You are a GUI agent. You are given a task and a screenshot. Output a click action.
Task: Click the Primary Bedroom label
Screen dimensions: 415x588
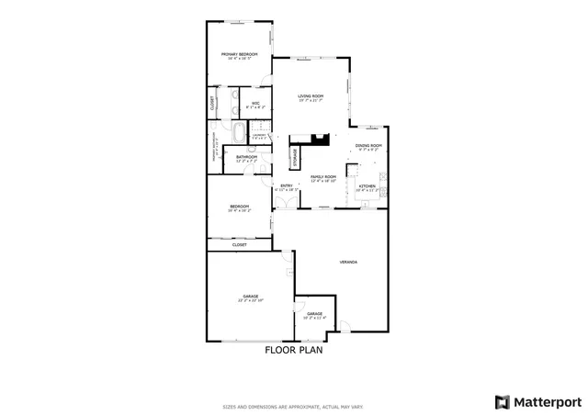[239, 56]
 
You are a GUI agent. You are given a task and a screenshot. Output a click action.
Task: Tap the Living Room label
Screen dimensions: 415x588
[311, 97]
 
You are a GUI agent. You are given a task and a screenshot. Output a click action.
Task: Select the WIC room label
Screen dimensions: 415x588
[254, 105]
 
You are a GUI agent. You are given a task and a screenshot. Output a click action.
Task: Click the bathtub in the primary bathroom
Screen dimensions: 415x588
[239, 132]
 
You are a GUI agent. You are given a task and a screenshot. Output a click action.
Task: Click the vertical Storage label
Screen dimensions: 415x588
[295, 155]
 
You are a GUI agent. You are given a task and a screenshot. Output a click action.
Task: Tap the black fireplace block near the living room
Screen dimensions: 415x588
[319, 140]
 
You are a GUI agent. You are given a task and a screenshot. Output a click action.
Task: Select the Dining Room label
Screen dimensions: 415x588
[369, 147]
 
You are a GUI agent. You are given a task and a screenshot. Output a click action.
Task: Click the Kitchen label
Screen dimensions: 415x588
[367, 187]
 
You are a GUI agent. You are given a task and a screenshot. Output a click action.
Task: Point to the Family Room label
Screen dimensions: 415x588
[322, 178]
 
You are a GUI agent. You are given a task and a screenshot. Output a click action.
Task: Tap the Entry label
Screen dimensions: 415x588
[287, 187]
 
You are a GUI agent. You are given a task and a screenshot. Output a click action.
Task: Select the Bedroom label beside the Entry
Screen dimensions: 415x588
[239, 207]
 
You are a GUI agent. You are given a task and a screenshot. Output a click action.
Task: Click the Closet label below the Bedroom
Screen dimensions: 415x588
[239, 245]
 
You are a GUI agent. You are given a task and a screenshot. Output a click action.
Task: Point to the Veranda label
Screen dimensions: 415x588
[348, 263]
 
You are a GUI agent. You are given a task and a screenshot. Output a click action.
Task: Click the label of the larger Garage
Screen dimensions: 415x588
[251, 297]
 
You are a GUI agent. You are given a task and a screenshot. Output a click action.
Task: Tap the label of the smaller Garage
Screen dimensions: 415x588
[314, 315]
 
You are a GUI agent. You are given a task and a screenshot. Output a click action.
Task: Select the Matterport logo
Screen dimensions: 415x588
[537, 400]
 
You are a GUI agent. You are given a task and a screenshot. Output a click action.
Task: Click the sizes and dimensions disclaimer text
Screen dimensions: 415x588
[294, 407]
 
